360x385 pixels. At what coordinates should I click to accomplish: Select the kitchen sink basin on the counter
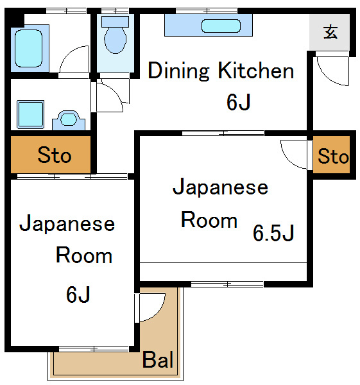pos(221,26)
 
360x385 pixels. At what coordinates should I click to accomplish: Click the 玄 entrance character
pos(330,32)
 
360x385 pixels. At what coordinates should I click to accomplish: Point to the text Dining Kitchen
pos(221,71)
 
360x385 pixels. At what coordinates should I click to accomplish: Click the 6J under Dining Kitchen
pos(238,102)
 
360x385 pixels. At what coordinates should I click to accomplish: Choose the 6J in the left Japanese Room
pos(78,295)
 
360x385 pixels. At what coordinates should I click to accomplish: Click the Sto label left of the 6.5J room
pos(54,155)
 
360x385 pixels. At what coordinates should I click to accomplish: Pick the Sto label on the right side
pos(333,156)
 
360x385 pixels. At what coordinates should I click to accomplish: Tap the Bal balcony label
pos(158,360)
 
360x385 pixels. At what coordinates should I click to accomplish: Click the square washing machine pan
pos(30,114)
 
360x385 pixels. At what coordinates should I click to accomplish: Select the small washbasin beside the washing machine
pos(69,119)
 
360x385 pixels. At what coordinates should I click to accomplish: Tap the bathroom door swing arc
pos(74,61)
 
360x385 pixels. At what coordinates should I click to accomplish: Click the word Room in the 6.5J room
pos(209,220)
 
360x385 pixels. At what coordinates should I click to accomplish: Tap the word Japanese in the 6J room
pos(67,224)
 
